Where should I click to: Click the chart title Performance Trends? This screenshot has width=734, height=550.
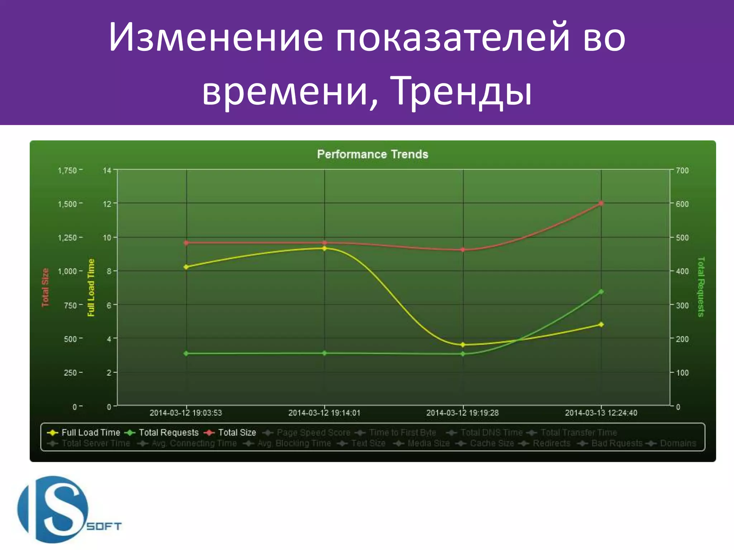[372, 154]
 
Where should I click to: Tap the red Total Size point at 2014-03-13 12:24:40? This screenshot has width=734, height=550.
[601, 203]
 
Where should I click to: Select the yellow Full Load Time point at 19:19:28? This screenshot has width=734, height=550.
[463, 345]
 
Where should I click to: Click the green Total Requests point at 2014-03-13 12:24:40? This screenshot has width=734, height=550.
[601, 292]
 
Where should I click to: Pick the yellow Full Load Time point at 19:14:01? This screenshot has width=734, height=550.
[324, 248]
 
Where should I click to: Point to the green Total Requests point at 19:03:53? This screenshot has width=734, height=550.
[186, 353]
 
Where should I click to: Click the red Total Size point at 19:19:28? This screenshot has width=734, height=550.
[463, 250]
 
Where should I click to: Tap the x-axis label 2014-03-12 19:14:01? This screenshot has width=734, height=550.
[324, 413]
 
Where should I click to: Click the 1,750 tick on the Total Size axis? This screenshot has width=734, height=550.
[67, 170]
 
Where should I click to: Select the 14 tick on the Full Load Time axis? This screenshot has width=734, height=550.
[107, 170]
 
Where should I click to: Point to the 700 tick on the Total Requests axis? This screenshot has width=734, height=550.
[682, 170]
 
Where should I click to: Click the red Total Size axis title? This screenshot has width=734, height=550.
[45, 288]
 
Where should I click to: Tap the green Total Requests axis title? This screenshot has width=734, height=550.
[701, 287]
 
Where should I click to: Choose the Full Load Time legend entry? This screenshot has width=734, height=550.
[90, 433]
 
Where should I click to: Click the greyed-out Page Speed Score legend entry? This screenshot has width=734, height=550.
[313, 433]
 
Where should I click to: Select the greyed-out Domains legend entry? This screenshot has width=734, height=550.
[677, 443]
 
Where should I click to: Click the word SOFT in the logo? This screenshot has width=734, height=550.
[104, 526]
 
